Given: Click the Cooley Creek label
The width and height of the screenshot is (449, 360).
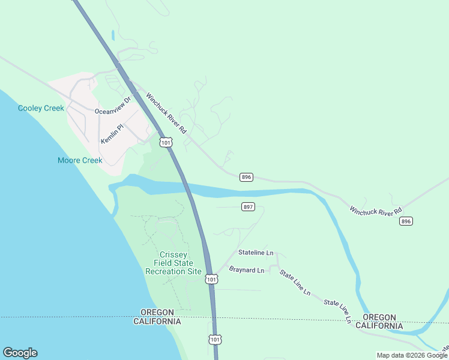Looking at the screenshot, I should [41, 108].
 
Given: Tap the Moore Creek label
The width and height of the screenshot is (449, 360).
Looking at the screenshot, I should [80, 160].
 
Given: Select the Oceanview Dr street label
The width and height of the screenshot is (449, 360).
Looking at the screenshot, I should [113, 106].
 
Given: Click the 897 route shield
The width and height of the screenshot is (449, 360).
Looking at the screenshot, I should [249, 207].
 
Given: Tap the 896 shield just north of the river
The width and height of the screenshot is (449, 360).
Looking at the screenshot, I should [246, 177].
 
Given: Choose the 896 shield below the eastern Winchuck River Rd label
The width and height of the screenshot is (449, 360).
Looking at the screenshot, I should [406, 221].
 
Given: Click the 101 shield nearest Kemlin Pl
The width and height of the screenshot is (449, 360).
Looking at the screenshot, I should [166, 142].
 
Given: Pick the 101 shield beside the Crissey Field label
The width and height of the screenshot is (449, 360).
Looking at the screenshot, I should [211, 279].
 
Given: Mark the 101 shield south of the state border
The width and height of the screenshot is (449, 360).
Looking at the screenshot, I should [215, 340].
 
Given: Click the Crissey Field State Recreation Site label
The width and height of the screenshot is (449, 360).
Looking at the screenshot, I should [173, 263].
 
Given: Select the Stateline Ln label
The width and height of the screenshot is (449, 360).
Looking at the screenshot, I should [256, 253].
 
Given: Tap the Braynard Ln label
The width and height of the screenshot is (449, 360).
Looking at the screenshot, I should [246, 271].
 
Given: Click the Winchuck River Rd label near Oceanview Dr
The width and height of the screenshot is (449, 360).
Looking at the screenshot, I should [167, 113].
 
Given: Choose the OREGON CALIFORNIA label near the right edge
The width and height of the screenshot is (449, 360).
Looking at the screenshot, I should [379, 321].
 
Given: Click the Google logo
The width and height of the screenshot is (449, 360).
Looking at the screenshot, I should [20, 353].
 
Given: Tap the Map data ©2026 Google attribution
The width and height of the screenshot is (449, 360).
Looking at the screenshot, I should [412, 355].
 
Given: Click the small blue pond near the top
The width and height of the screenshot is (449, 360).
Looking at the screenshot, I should [112, 35].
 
